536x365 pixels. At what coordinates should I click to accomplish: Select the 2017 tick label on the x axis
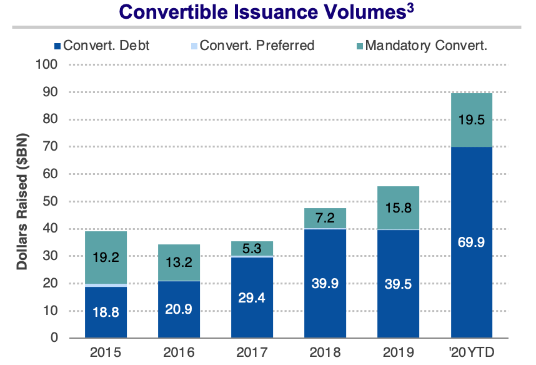click(251, 351)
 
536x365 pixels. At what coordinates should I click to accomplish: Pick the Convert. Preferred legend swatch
click(194, 46)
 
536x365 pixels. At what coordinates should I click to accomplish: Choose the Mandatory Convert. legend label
click(425, 45)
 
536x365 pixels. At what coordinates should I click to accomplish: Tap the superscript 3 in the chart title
click(410, 8)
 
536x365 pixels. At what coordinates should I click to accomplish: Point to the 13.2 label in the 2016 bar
click(178, 263)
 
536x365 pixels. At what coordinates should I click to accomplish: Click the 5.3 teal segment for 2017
click(252, 248)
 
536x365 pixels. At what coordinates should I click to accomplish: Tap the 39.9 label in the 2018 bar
click(325, 282)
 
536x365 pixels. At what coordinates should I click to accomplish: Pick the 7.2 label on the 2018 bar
click(325, 218)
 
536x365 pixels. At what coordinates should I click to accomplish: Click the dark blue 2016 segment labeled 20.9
click(178, 309)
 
